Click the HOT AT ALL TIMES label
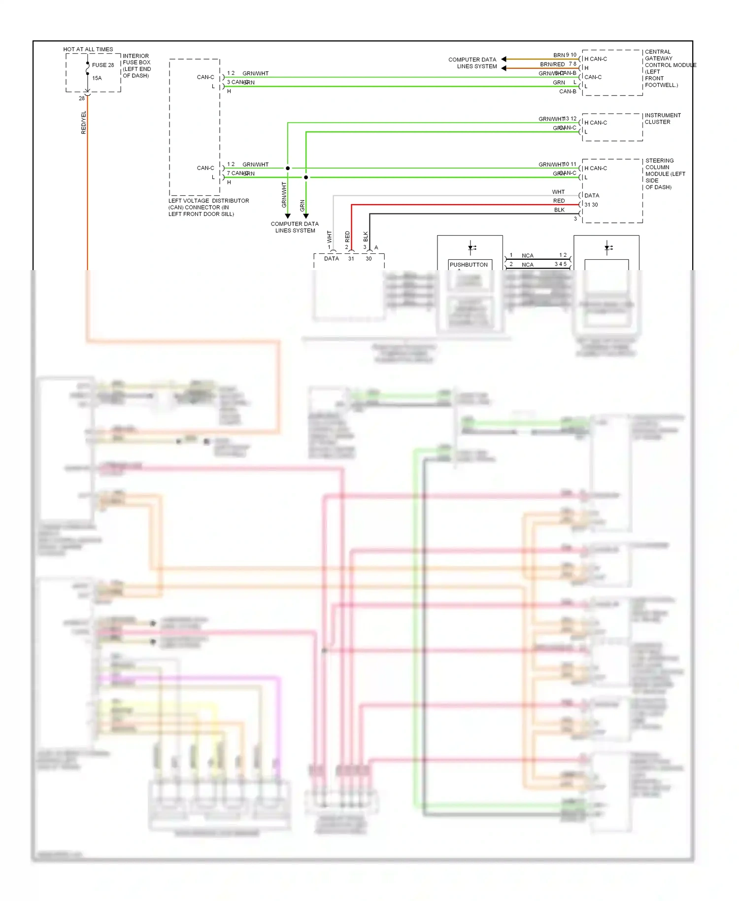point(88,49)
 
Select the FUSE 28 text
point(102,65)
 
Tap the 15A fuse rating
point(97,78)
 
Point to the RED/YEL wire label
point(83,122)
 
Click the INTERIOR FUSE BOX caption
point(136,66)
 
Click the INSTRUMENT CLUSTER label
point(662,118)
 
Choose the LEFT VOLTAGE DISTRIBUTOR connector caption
point(208,207)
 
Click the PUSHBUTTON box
point(469,265)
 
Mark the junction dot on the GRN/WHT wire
point(288,168)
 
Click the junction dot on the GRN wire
point(306,177)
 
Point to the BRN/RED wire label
point(552,64)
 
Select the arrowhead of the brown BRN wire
point(504,59)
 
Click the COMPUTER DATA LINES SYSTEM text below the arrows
point(295,227)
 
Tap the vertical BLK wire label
point(366,236)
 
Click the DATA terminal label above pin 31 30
point(592,195)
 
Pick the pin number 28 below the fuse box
point(82,98)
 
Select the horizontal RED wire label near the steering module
point(559,201)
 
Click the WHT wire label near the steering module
point(558,192)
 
